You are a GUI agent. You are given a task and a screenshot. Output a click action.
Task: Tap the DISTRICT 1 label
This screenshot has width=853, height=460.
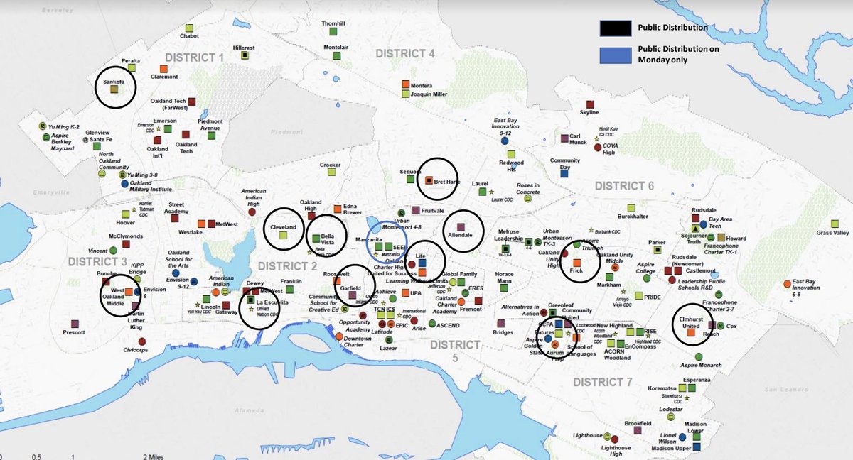(x=194, y=57)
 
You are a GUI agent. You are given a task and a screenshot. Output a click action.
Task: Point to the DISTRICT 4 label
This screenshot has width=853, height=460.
(x=404, y=54)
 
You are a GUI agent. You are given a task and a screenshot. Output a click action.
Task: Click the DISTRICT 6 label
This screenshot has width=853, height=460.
(x=624, y=186)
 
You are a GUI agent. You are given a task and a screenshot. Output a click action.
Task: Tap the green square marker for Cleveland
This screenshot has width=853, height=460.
(x=283, y=235)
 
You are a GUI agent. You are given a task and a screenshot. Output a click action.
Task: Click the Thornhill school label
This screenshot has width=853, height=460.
(x=333, y=23)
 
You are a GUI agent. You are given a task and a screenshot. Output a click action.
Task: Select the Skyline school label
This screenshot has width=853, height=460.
(x=589, y=112)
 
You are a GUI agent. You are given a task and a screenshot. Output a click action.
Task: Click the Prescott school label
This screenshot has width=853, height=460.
(x=74, y=332)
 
